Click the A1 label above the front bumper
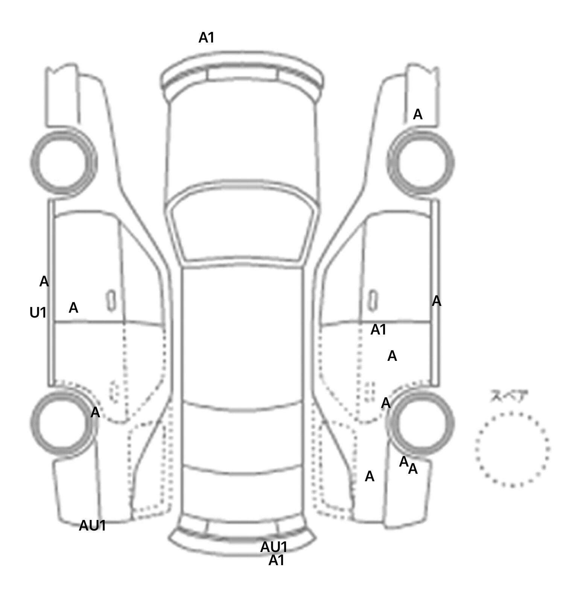(x=206, y=38)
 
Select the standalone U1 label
(x=38, y=312)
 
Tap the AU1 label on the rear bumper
(x=274, y=546)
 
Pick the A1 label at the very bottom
(x=276, y=561)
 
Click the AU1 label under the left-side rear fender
(x=92, y=526)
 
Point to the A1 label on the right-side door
(x=379, y=330)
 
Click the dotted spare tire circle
(x=512, y=449)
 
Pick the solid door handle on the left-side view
(x=111, y=300)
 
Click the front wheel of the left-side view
(x=63, y=162)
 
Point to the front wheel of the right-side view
(x=421, y=163)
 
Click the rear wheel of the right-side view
(x=421, y=422)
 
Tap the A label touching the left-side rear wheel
(x=95, y=412)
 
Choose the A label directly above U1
(x=44, y=281)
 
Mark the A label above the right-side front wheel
(x=418, y=114)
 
